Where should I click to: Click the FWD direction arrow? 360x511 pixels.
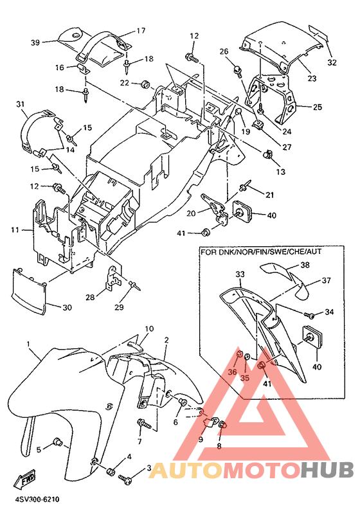[24, 478]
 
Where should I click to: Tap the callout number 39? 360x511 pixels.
[35, 42]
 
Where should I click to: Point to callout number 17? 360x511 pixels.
[141, 31]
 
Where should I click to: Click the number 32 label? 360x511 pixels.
[332, 62]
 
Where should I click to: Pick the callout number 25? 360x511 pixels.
[318, 107]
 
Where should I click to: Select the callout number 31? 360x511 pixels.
[21, 104]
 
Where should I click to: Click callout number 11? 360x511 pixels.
[15, 230]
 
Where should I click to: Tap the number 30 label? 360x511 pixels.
[67, 307]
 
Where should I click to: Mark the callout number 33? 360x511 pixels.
[240, 274]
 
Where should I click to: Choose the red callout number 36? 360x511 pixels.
[232, 372]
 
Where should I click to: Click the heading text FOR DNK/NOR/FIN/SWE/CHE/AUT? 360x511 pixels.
[261, 252]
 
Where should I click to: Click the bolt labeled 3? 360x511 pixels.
[125, 479]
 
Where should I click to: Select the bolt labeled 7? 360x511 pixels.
[145, 424]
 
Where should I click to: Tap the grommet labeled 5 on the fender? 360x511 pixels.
[59, 443]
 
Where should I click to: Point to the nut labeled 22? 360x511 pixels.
[145, 84]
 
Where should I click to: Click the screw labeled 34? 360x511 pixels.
[309, 315]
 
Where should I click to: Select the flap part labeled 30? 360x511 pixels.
[28, 291]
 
